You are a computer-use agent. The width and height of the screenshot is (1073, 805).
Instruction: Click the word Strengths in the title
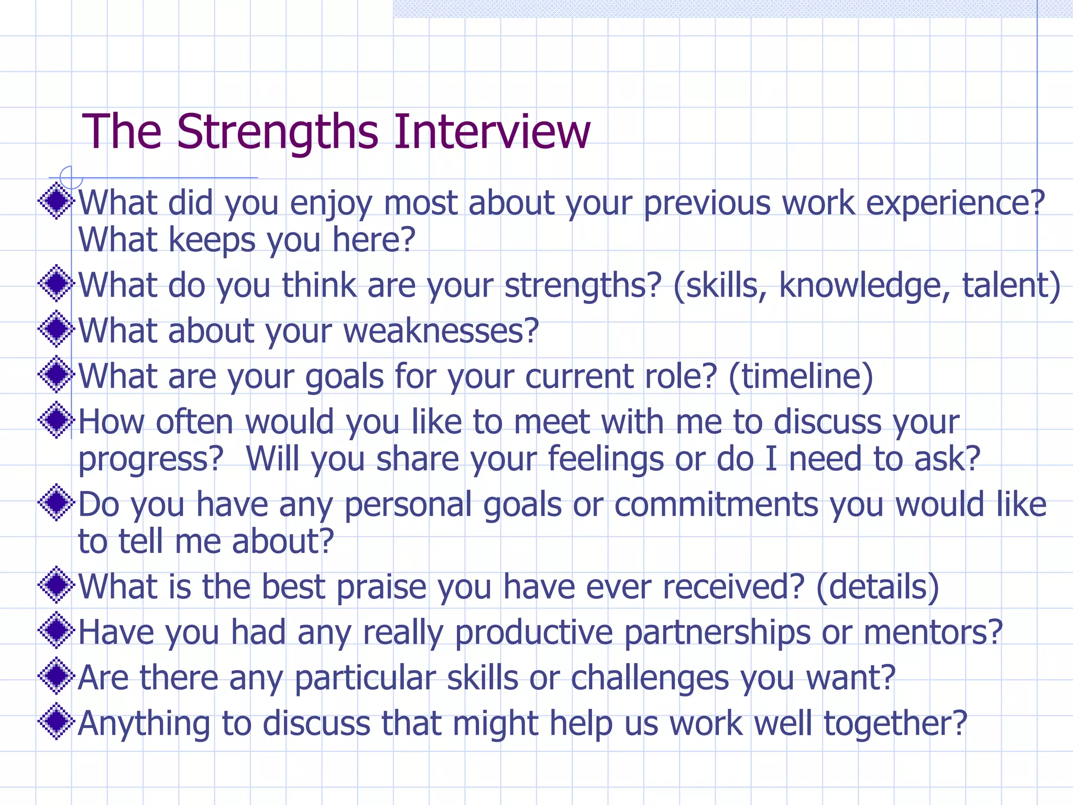(x=278, y=132)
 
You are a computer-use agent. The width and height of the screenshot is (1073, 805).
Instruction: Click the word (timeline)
(x=801, y=377)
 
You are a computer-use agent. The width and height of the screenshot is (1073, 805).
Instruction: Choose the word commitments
(x=716, y=505)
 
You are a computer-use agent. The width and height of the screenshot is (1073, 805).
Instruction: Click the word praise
(x=381, y=587)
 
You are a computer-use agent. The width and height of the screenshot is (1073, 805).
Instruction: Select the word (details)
(x=878, y=587)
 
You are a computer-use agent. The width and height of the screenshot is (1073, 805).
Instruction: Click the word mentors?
(x=933, y=633)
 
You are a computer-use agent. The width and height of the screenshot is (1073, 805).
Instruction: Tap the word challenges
(x=650, y=678)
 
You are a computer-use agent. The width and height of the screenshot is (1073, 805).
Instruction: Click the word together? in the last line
(x=895, y=724)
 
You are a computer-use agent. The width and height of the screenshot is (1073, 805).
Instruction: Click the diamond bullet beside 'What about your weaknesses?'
(x=56, y=329)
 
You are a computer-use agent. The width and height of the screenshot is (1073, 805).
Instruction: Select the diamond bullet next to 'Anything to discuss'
(x=56, y=722)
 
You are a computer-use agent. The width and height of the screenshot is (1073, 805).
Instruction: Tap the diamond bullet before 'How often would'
(x=56, y=420)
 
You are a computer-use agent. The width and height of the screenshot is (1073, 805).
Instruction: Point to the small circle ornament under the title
(x=71, y=177)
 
